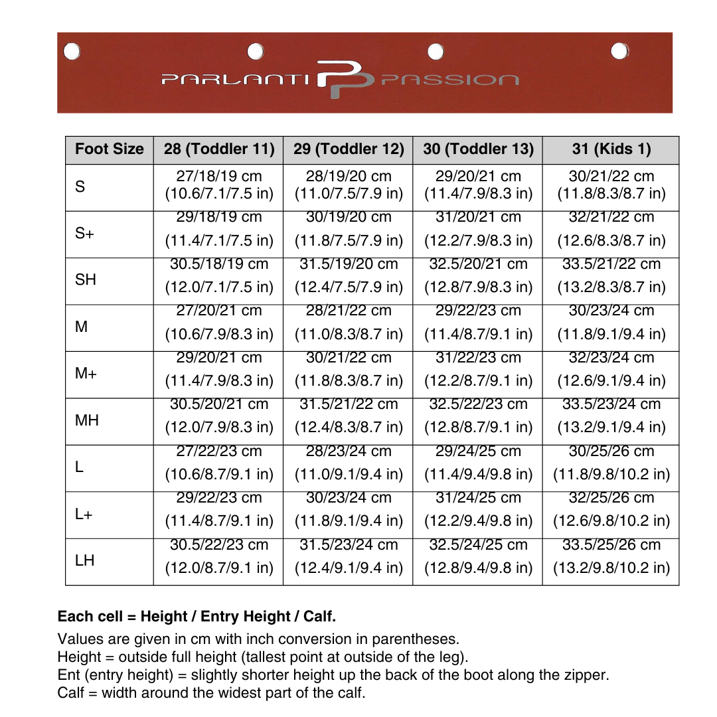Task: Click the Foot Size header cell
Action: (x=110, y=149)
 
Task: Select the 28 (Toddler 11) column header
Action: (x=219, y=149)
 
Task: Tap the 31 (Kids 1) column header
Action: (x=611, y=149)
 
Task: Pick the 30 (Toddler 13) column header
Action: (x=478, y=149)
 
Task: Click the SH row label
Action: (x=86, y=280)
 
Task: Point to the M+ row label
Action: (x=86, y=374)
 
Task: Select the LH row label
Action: (x=84, y=561)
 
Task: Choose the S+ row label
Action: (x=84, y=234)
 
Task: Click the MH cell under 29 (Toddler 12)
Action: (x=349, y=416)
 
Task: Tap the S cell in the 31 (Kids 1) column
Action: (x=611, y=185)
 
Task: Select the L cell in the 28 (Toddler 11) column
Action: (x=219, y=463)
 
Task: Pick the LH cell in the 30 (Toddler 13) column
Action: (x=478, y=556)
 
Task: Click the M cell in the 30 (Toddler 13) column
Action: (x=478, y=322)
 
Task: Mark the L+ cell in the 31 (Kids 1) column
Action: (x=611, y=509)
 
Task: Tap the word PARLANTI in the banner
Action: (x=235, y=80)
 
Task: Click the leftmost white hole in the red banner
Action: (x=72, y=51)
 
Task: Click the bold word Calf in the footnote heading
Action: (x=319, y=617)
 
